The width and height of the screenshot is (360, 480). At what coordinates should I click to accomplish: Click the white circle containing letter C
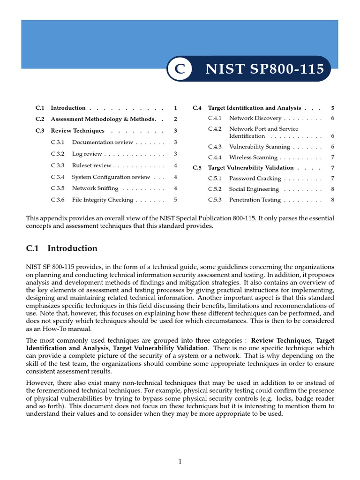[x=180, y=69]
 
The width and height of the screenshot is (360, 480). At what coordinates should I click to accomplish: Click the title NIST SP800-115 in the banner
[x=265, y=69]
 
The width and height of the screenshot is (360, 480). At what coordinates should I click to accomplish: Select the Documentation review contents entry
[x=102, y=142]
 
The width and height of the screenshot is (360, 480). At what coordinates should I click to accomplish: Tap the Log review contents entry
[x=87, y=154]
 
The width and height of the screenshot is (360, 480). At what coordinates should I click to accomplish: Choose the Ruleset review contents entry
[x=91, y=165]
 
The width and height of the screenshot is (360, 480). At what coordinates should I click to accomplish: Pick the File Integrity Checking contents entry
[x=102, y=200]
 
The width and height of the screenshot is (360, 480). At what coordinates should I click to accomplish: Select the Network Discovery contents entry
[x=255, y=118]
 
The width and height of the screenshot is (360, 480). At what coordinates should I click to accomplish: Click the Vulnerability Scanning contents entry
[x=259, y=147]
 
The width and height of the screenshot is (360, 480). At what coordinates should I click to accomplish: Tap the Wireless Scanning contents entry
[x=253, y=157]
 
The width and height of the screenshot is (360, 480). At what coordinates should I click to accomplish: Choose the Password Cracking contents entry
[x=255, y=179]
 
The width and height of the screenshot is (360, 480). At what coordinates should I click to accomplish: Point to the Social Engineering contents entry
[x=254, y=189]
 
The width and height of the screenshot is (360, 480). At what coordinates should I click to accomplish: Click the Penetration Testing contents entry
[x=255, y=200]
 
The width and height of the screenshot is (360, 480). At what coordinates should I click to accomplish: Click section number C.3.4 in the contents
[x=58, y=177]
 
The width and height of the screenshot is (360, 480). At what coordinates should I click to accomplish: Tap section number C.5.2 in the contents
[x=215, y=189]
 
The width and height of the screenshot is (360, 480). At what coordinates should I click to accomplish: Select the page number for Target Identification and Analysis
[x=332, y=108]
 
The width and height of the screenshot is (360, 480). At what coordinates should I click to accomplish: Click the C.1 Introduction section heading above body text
[x=62, y=248]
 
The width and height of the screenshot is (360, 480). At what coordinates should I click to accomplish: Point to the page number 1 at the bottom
[x=180, y=462]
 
